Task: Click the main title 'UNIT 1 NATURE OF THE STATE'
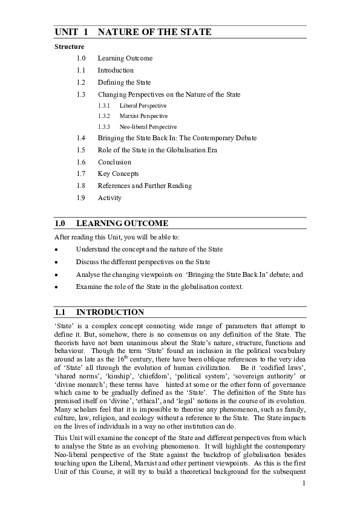point(133,32)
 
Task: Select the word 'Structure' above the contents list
point(69,47)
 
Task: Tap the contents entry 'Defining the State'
point(124,82)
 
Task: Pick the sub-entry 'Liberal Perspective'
point(143,105)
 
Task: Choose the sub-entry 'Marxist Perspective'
point(143,115)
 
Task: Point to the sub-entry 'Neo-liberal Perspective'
point(148,127)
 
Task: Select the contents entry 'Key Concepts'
point(118,173)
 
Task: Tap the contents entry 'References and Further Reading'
point(145,186)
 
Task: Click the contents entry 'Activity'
point(110,198)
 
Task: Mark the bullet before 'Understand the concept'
point(56,250)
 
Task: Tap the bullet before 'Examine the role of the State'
point(56,287)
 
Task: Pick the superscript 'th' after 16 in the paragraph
point(116,357)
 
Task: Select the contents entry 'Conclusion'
point(114,162)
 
